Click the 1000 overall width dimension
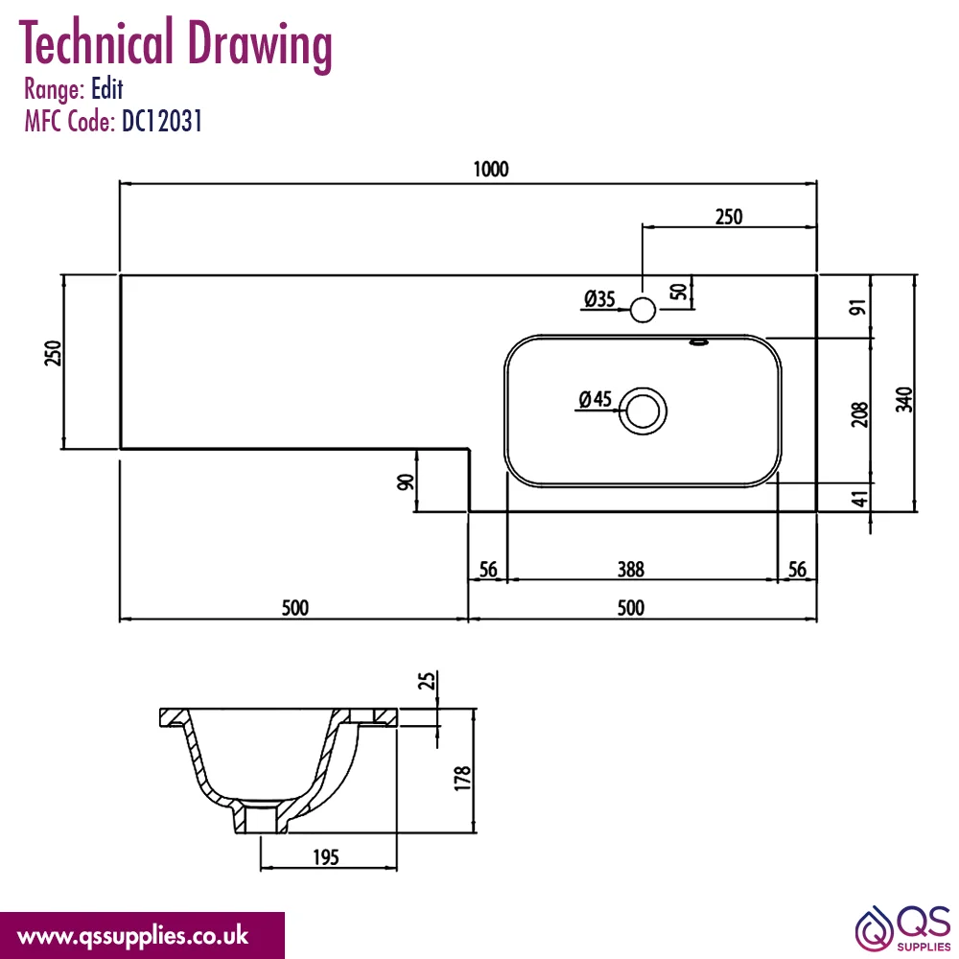point(490,170)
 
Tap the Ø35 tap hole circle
point(643,297)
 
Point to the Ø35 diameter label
point(599,299)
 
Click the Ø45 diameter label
point(596,399)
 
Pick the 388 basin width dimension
point(631,570)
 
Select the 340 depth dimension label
point(904,399)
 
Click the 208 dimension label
point(860,414)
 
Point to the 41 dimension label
point(860,499)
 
